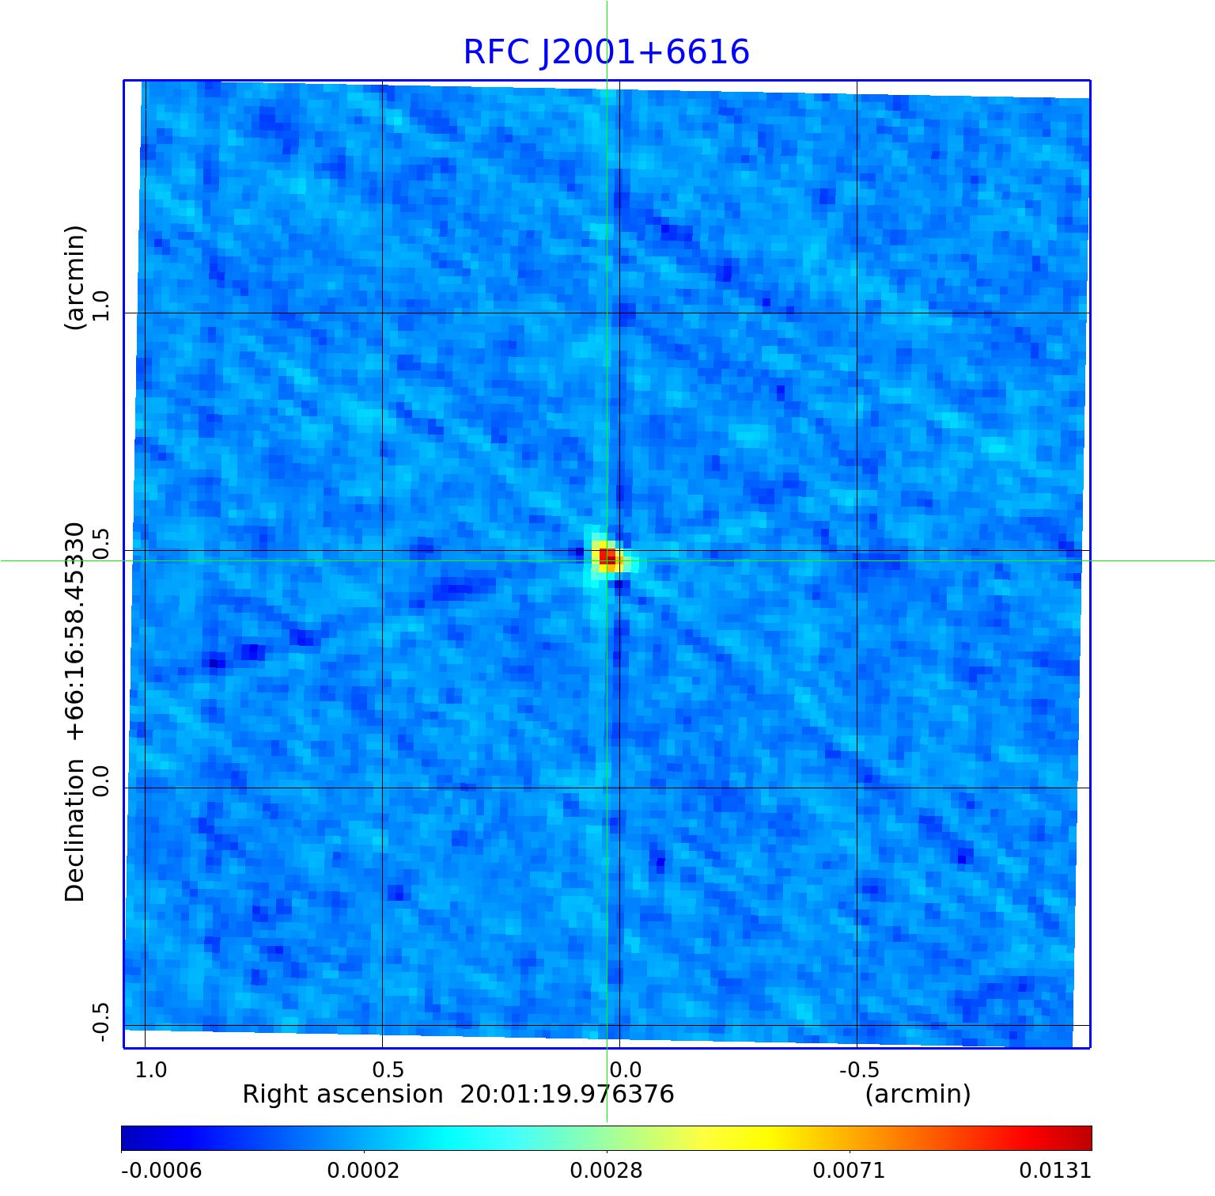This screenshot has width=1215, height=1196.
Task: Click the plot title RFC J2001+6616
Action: point(606,52)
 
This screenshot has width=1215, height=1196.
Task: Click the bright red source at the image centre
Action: point(607,556)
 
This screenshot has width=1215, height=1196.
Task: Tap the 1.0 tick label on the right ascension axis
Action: point(151,1070)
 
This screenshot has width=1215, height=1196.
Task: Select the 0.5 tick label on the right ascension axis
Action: point(388,1070)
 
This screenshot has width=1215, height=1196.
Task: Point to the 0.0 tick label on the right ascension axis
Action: point(626,1070)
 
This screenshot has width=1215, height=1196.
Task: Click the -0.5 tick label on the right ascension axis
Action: point(859,1070)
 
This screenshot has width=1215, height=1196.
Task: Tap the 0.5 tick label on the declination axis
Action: point(100,543)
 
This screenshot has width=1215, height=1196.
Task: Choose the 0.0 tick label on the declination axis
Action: point(100,780)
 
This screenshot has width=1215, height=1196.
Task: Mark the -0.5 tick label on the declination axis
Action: point(100,1022)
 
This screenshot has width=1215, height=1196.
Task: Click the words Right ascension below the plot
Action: point(343,1095)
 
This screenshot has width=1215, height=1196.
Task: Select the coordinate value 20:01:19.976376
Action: point(567,1095)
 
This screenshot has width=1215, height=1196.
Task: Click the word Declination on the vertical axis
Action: point(75,830)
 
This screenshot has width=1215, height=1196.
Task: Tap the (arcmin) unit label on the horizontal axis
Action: point(918,1095)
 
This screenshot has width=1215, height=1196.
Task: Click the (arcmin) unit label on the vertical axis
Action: point(75,278)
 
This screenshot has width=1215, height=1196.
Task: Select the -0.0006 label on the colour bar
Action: point(161,1171)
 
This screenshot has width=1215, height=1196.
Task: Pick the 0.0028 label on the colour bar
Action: point(607,1171)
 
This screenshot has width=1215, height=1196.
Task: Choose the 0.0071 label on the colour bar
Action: point(850,1171)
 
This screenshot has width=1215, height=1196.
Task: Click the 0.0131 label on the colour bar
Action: point(1055,1171)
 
